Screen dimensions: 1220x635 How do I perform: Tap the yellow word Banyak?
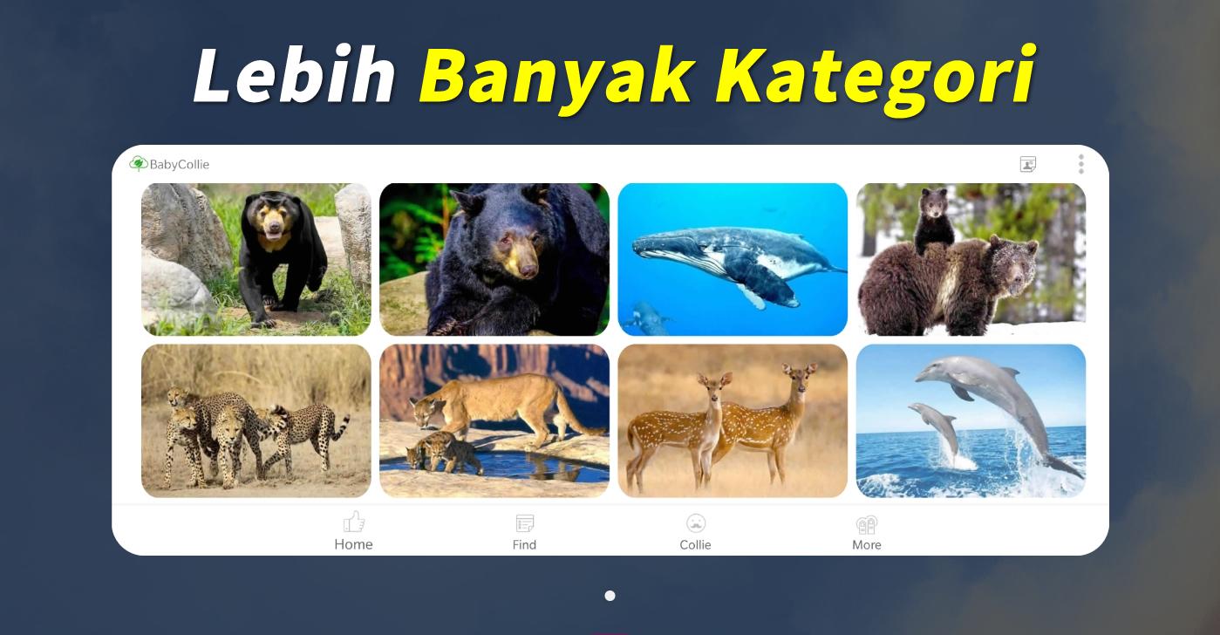click(x=557, y=79)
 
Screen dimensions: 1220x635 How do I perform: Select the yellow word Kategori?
click(x=876, y=79)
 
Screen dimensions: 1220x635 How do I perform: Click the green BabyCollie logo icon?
click(x=139, y=163)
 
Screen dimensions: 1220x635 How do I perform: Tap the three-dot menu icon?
click(x=1081, y=164)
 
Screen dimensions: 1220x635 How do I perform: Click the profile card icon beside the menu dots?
click(x=1028, y=164)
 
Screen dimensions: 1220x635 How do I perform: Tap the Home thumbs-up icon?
click(x=354, y=522)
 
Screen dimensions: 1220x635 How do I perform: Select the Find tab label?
click(x=524, y=544)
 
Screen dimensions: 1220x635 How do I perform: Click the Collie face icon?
click(x=696, y=522)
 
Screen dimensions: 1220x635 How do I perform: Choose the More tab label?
click(x=867, y=544)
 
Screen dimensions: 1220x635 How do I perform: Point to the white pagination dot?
click(x=610, y=596)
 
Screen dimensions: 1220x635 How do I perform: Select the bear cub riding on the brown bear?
click(x=932, y=221)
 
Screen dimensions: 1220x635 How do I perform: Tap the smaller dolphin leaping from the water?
click(x=935, y=430)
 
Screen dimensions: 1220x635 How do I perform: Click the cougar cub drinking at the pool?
click(x=444, y=451)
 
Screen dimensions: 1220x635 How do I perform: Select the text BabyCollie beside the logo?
click(x=180, y=165)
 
